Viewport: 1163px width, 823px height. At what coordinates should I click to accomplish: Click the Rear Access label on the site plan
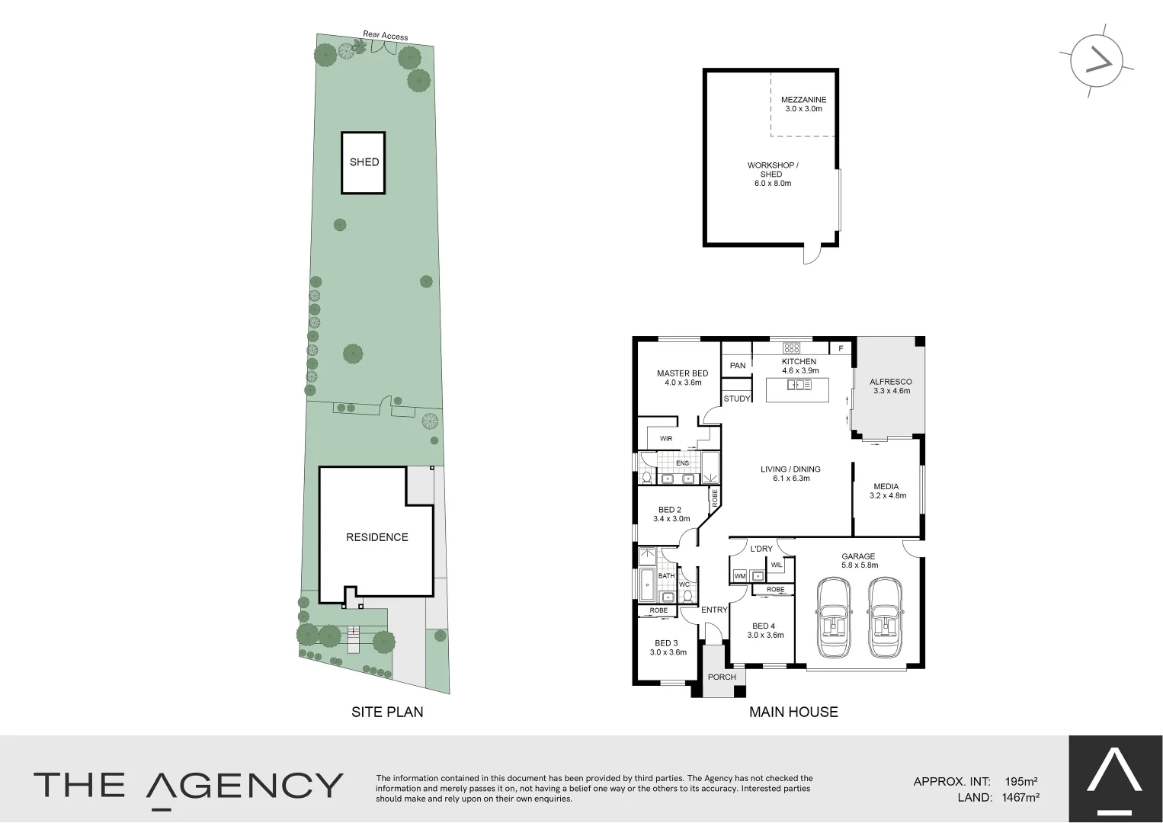point(385,35)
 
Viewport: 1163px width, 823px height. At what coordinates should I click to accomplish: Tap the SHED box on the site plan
point(364,162)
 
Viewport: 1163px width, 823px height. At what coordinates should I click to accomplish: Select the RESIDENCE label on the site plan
point(376,537)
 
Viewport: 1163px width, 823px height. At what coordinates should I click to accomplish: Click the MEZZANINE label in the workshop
point(803,100)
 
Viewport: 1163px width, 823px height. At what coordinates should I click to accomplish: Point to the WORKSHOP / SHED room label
point(772,174)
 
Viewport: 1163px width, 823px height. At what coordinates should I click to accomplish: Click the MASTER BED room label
point(682,373)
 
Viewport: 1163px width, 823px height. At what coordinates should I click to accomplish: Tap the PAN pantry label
point(737,366)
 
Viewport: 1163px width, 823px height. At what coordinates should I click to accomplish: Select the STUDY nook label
point(736,399)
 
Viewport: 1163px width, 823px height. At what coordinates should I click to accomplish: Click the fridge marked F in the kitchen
point(841,348)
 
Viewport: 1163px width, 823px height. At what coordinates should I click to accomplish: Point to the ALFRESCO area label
point(890,383)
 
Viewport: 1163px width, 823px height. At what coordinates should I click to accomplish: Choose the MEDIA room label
point(886,487)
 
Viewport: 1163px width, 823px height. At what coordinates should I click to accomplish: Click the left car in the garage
point(833,618)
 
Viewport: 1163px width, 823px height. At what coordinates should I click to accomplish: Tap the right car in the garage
point(885,618)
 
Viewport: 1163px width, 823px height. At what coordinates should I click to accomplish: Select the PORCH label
point(722,677)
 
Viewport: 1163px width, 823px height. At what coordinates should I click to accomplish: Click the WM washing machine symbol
point(739,577)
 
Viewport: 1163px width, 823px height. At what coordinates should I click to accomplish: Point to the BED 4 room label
point(763,626)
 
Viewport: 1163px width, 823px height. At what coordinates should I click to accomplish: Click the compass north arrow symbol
point(1097,60)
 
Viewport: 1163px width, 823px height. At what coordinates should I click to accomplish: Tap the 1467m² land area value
point(1021,798)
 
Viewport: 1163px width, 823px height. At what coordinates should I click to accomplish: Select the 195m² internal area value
point(1021,782)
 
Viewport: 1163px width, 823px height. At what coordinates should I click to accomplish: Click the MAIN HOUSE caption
point(793,712)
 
